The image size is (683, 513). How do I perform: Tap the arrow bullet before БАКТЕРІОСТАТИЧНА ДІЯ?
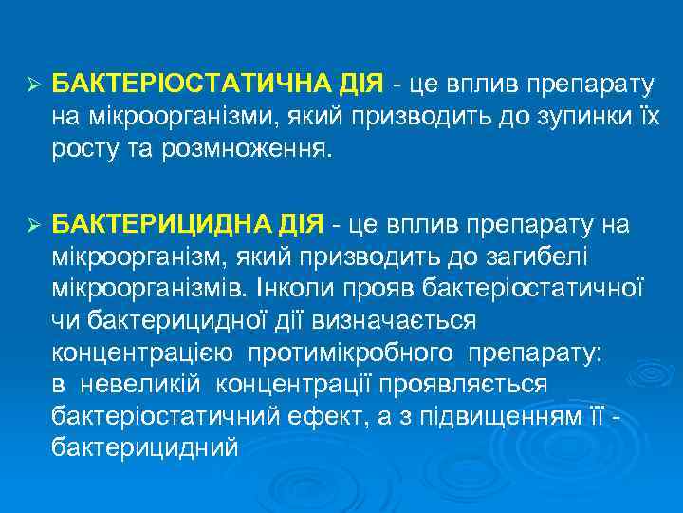coord(31,85)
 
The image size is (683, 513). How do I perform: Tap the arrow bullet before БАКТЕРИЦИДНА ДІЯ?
coord(31,224)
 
